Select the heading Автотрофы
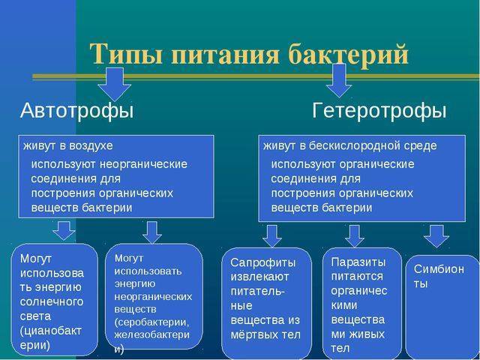pos(76,111)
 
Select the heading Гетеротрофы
pos(379,111)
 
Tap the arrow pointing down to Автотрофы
pos(115,83)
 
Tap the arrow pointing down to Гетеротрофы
pos(338,80)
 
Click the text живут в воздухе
pos(68,145)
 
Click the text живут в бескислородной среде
pos(349,145)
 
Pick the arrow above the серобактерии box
pos(153,232)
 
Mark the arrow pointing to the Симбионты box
pos(436,235)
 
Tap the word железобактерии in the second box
pos(156,336)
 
